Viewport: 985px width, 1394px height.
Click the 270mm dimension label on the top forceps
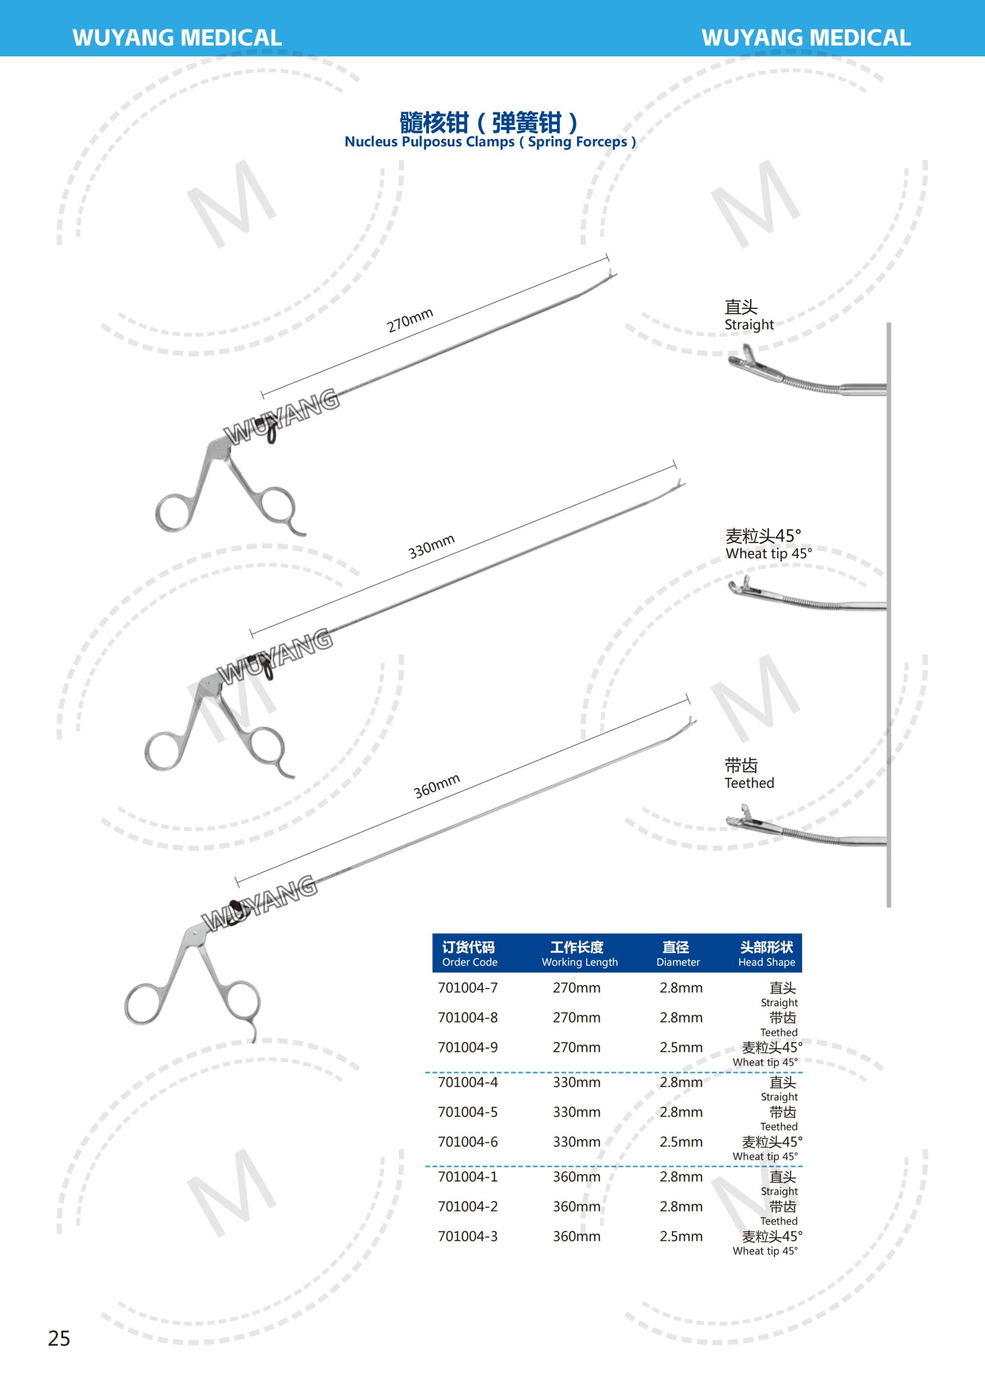[410, 320]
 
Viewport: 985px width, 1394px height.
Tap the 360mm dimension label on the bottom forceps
[436, 786]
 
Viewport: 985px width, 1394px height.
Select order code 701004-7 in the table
[467, 988]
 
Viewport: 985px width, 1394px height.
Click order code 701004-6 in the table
[467, 1142]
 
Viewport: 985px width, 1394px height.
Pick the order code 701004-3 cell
[467, 1236]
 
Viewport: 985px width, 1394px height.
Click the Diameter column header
[678, 954]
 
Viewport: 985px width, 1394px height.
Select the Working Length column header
[579, 954]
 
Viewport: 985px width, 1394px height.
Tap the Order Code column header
[469, 954]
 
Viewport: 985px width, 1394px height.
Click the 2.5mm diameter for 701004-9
[681, 1047]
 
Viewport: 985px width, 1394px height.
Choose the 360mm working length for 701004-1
[576, 1177]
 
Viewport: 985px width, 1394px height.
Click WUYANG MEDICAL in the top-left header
[177, 38]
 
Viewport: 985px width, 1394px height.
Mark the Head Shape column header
[767, 954]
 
